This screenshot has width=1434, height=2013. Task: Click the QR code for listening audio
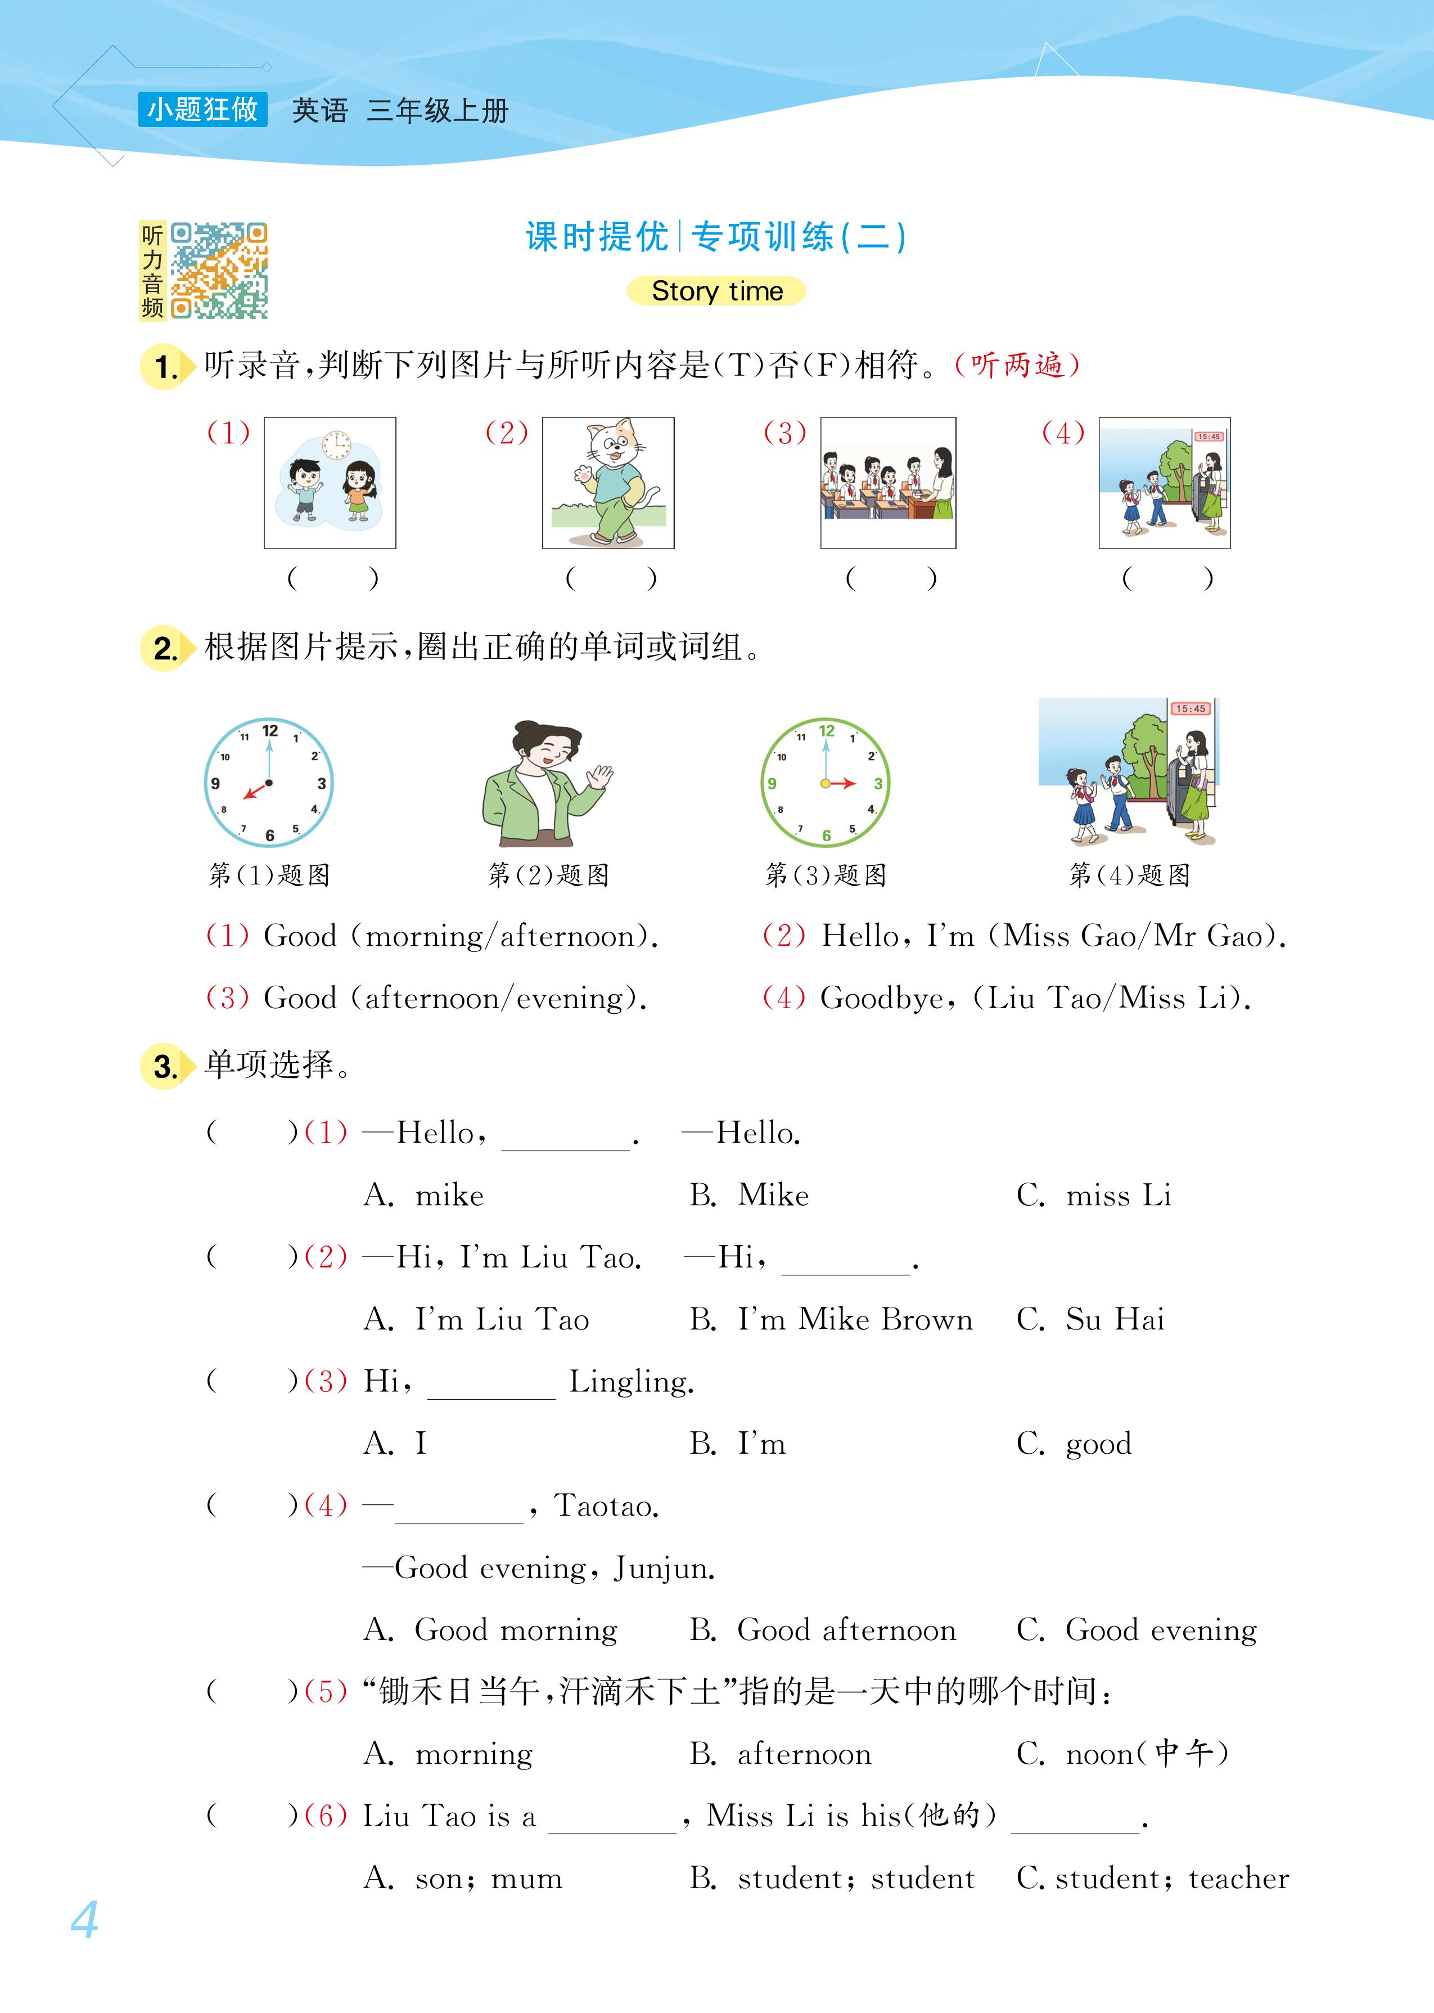[218, 270]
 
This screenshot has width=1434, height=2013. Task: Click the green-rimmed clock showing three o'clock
[825, 783]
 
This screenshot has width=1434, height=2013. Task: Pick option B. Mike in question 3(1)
[751, 1195]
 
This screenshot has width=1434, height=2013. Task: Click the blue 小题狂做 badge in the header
[202, 110]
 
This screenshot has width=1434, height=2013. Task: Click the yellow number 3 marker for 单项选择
[165, 1066]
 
